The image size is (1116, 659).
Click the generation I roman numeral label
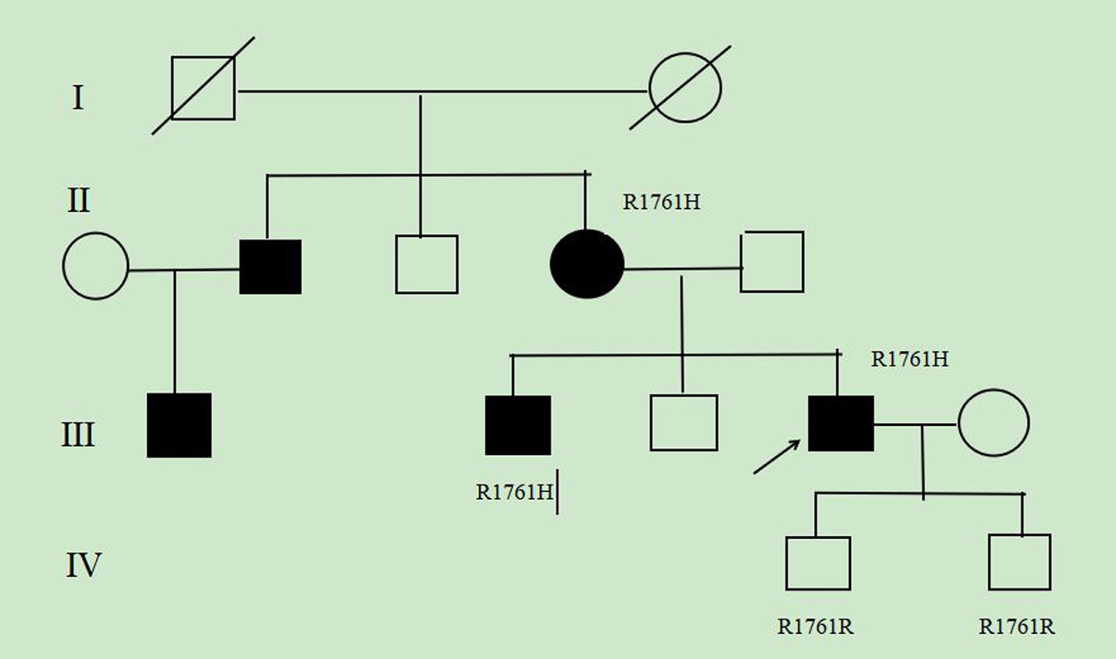(78, 97)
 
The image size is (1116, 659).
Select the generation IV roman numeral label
(83, 564)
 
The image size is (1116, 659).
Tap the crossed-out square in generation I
(203, 88)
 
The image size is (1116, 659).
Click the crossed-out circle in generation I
(685, 88)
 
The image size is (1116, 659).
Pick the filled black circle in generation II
(587, 264)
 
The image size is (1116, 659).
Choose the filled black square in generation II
(270, 267)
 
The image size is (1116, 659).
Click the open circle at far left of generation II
(96, 266)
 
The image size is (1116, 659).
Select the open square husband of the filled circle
(772, 262)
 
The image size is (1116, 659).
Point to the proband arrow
(777, 457)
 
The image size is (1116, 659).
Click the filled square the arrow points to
(841, 423)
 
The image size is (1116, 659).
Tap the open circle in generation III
(993, 422)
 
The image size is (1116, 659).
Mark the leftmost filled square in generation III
(179, 425)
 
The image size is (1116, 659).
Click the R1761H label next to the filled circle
(661, 202)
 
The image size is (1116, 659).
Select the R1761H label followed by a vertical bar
(515, 492)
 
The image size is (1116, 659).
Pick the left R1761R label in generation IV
(815, 627)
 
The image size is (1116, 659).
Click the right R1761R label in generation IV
(1017, 627)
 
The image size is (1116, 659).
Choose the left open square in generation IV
(818, 563)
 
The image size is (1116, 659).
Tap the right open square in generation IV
(1020, 562)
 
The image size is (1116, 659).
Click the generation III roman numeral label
(78, 435)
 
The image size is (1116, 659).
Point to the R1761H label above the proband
(909, 359)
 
